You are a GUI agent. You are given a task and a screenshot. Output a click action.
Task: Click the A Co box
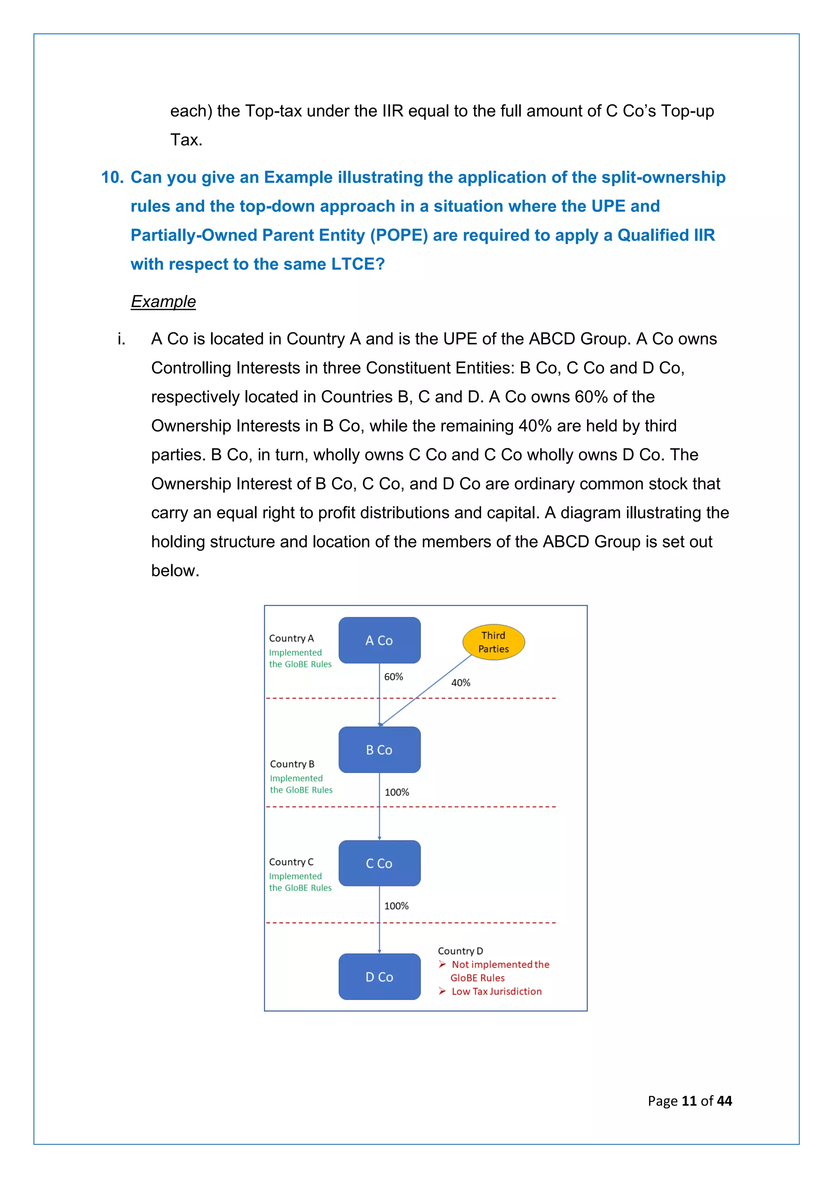coord(379,640)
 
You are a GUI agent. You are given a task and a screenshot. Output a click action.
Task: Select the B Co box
coord(379,750)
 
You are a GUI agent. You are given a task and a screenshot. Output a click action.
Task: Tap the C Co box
coord(379,863)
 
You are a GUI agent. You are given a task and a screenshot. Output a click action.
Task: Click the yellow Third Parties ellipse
coord(493,642)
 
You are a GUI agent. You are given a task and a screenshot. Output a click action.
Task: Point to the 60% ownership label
coord(393,677)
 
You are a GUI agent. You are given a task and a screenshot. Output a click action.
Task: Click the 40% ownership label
coord(460,683)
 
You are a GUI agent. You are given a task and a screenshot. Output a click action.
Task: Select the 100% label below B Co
coord(397,792)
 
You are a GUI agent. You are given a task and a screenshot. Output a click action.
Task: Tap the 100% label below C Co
coord(397,906)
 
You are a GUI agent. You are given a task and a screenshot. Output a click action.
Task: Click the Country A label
coord(291,638)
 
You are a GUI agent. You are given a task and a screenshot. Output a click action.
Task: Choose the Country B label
coord(292,764)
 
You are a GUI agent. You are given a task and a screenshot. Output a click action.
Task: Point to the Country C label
coord(291,862)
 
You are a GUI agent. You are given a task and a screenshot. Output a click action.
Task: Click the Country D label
coord(460,951)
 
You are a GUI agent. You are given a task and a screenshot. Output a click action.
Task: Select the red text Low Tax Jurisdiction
coord(497,991)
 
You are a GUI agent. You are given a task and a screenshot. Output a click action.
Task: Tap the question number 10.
coord(112,177)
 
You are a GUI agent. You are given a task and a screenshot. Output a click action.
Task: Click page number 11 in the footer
coord(689,1101)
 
